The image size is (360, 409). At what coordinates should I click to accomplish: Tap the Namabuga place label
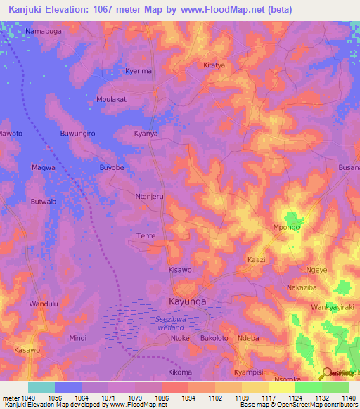pyautogui.click(x=44, y=32)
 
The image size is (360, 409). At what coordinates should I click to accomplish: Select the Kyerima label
pyautogui.click(x=139, y=71)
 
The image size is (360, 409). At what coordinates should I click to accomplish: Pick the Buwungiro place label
pyautogui.click(x=77, y=133)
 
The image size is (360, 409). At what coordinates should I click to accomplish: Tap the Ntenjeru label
pyautogui.click(x=149, y=197)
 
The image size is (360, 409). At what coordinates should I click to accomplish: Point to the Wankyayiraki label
pyautogui.click(x=326, y=308)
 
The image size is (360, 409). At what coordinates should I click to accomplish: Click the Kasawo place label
pyautogui.click(x=27, y=349)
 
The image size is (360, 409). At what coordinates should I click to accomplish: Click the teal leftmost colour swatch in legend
pyautogui.click(x=41, y=387)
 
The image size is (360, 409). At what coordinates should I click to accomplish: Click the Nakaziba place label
pyautogui.click(x=304, y=288)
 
